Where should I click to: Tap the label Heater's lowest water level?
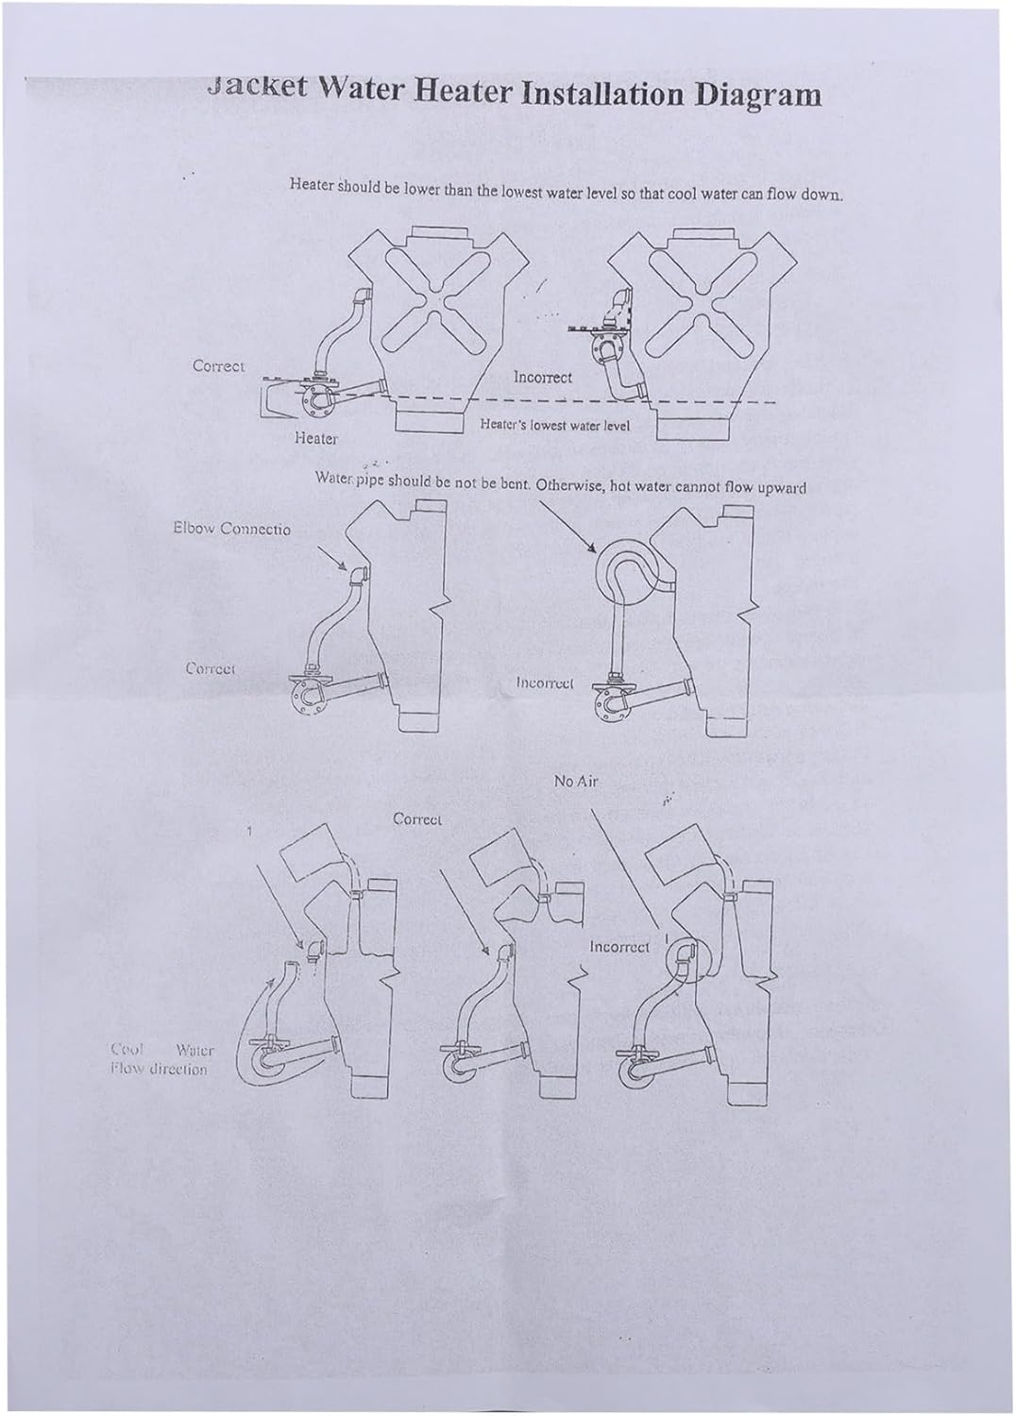point(554,425)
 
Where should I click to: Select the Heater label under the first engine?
point(316,438)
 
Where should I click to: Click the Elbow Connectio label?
point(231,529)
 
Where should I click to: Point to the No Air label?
point(576,781)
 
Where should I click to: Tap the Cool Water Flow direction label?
point(161,1059)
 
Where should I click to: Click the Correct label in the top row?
point(218,365)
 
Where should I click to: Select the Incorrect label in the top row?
point(542,377)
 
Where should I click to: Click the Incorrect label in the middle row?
point(546,682)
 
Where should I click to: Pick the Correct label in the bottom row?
point(417,819)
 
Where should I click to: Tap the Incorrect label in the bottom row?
point(619,946)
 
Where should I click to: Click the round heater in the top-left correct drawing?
point(309,404)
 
